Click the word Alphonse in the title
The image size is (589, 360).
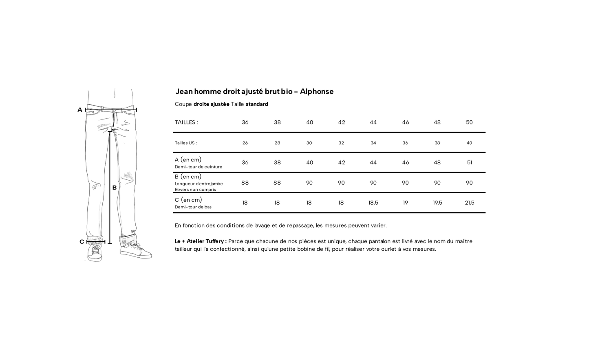tap(317, 91)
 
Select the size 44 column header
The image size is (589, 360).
tap(373, 122)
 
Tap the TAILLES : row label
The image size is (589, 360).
tap(186, 122)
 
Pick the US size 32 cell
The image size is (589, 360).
tap(341, 143)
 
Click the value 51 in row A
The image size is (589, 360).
tap(470, 163)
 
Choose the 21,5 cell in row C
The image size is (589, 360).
tap(470, 203)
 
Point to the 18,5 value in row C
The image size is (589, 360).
tap(373, 203)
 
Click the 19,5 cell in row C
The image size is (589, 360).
tap(437, 203)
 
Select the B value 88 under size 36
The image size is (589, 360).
tap(245, 183)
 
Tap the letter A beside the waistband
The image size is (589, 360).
tap(80, 110)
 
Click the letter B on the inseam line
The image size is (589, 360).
tap(115, 188)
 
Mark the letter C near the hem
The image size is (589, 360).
tap(82, 242)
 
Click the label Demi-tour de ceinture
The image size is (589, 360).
tap(199, 167)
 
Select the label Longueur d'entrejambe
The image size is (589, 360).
tap(199, 184)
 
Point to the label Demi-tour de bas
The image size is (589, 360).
tap(193, 207)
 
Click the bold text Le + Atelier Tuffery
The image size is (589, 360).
tap(200, 241)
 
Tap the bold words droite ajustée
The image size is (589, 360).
tap(211, 104)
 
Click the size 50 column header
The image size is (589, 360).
tap(469, 122)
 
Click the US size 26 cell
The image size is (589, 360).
tap(245, 143)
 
